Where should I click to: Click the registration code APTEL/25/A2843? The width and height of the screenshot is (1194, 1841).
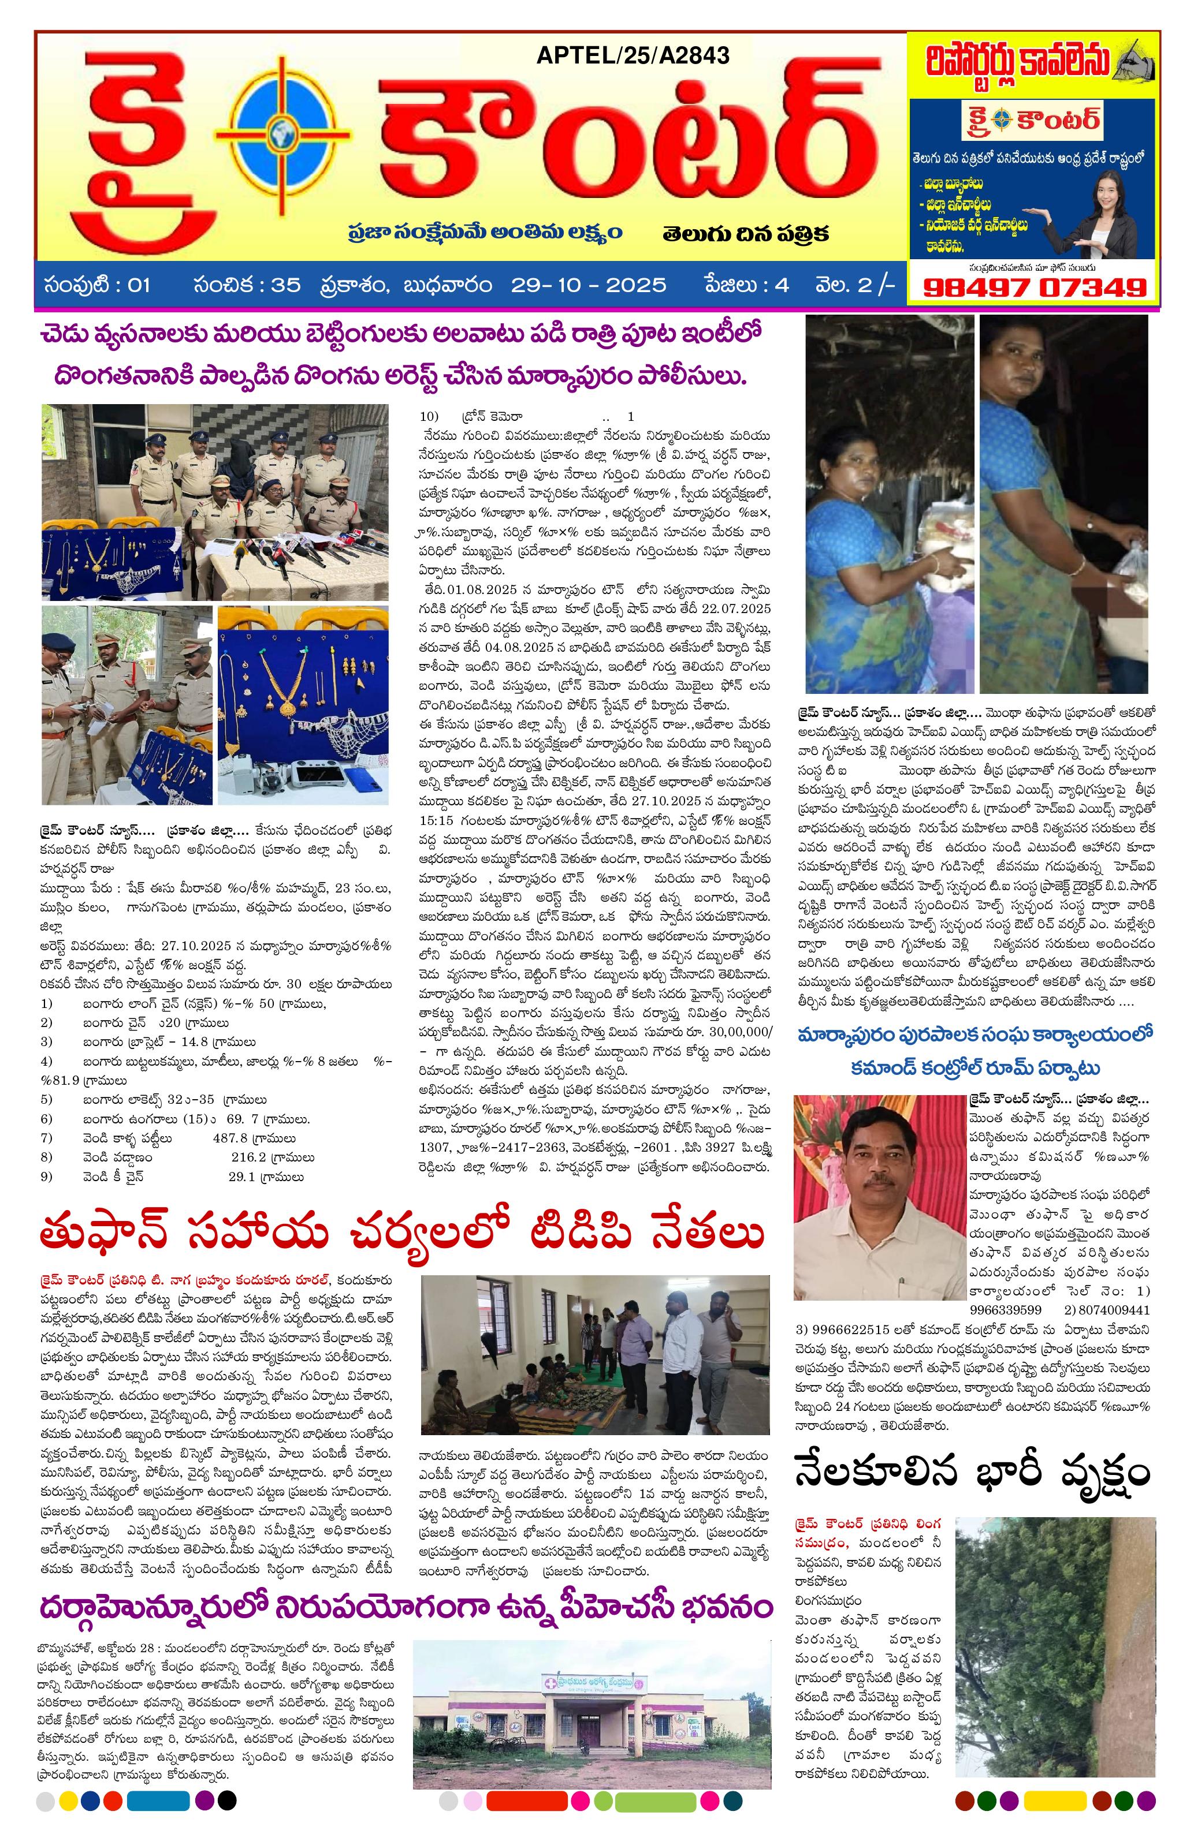(x=631, y=55)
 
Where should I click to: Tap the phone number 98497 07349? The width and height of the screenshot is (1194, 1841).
(x=1034, y=287)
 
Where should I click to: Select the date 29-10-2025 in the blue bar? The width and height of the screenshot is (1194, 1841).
(x=588, y=285)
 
